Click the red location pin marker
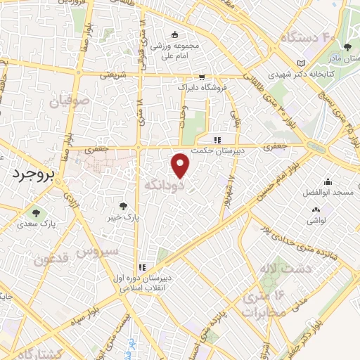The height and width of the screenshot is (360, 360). point(181,166)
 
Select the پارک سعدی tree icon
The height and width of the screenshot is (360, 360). point(32,212)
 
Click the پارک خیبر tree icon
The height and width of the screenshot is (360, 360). point(124,206)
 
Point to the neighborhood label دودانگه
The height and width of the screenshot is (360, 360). point(164,186)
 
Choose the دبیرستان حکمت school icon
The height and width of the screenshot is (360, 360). point(218,139)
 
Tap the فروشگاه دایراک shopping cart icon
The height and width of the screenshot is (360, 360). point(202,77)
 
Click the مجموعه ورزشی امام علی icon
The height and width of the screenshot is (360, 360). point(174,35)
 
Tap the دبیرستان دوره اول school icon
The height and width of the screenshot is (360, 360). point(143,267)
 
